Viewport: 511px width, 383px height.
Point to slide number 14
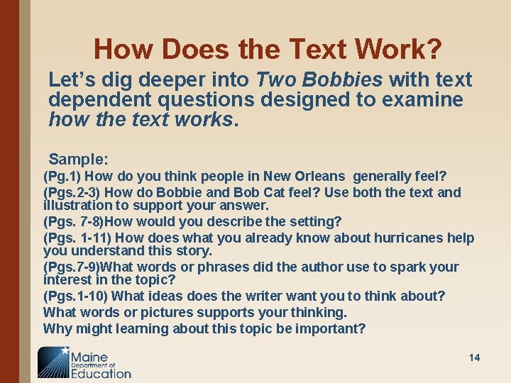(474, 357)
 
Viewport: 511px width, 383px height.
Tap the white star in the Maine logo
(66, 350)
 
